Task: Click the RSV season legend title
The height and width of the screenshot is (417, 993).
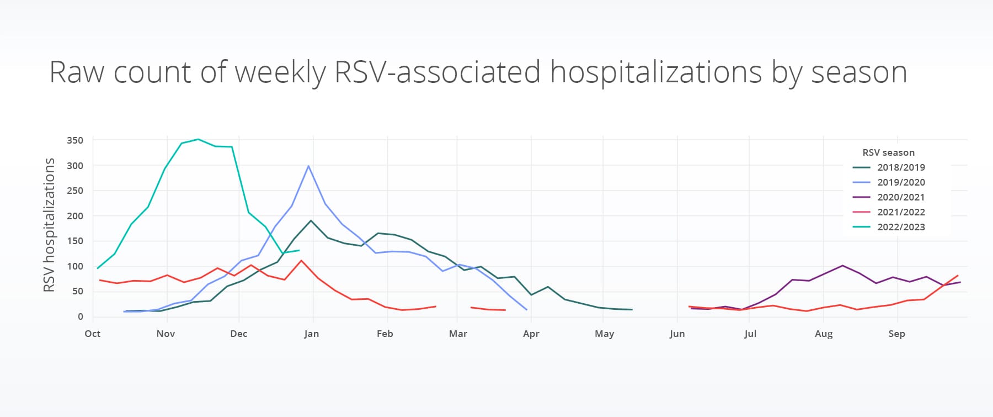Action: (888, 152)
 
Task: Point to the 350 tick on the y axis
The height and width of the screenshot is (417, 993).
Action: (75, 140)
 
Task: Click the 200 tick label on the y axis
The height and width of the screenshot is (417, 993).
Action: (75, 216)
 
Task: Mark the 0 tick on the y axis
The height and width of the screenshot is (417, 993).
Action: (81, 316)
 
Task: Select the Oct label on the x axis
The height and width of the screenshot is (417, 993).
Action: (93, 334)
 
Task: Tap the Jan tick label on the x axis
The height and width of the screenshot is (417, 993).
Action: (311, 334)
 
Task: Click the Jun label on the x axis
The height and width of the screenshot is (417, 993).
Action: (677, 334)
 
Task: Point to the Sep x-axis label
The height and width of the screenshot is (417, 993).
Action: (896, 334)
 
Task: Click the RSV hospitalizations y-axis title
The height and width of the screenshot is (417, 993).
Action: (50, 225)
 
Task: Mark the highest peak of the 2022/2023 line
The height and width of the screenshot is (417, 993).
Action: (198, 139)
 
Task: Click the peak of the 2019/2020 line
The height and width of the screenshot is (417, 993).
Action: (308, 166)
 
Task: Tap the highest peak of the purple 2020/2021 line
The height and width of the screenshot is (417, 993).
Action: (842, 266)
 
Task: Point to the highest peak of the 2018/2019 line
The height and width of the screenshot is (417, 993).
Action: (311, 220)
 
